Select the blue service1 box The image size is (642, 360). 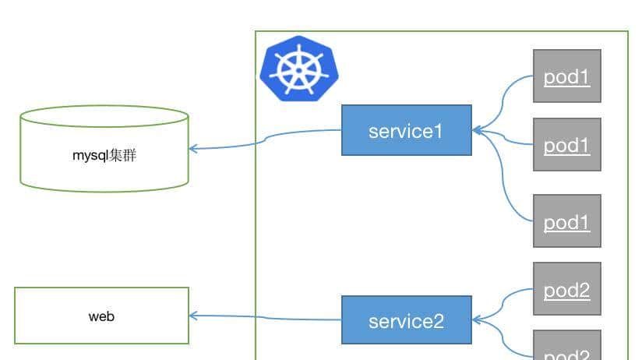406,130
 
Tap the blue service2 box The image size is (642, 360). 406,319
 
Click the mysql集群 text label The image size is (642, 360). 104,155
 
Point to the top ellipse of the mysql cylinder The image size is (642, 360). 104,117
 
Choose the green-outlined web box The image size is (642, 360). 101,316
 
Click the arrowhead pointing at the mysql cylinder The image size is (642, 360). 193,148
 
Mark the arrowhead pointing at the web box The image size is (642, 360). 193,316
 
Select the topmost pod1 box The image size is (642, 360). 566,76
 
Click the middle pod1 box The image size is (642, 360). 566,144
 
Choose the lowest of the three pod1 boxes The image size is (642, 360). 566,221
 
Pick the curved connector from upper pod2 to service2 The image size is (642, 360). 506,300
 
